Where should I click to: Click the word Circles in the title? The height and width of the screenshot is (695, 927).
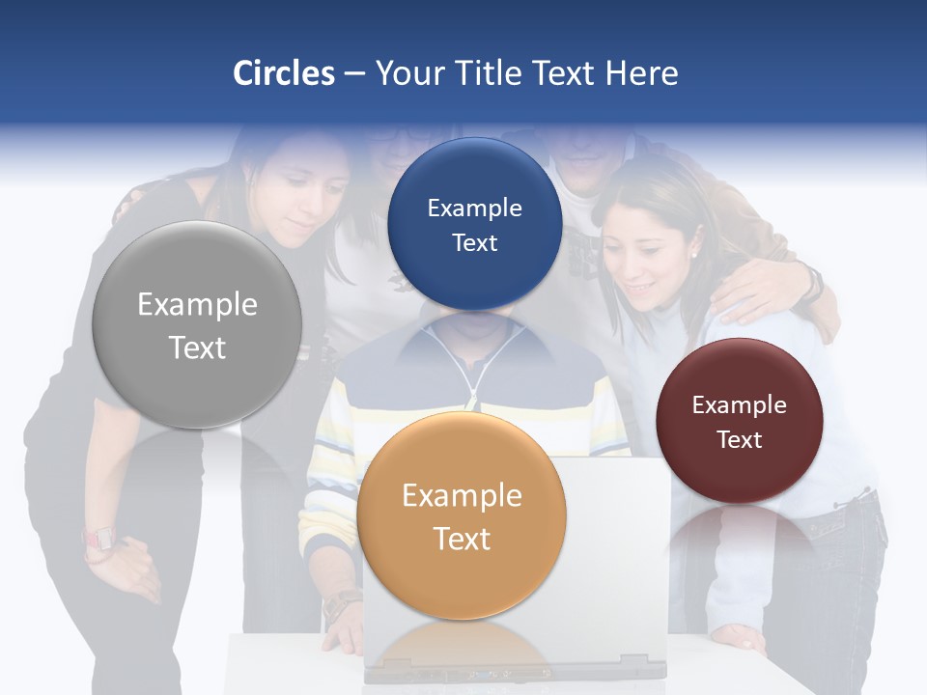point(284,73)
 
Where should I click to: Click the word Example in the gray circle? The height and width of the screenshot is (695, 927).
point(197,305)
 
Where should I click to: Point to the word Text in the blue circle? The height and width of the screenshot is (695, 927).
point(474,242)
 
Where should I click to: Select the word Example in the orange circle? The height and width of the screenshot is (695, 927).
point(462,496)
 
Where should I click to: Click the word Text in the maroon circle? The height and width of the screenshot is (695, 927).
point(740,440)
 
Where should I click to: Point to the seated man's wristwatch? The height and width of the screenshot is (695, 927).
point(340,606)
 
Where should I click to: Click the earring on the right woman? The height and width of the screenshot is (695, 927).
point(692,252)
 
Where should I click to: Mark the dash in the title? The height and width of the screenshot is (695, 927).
point(354,74)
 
